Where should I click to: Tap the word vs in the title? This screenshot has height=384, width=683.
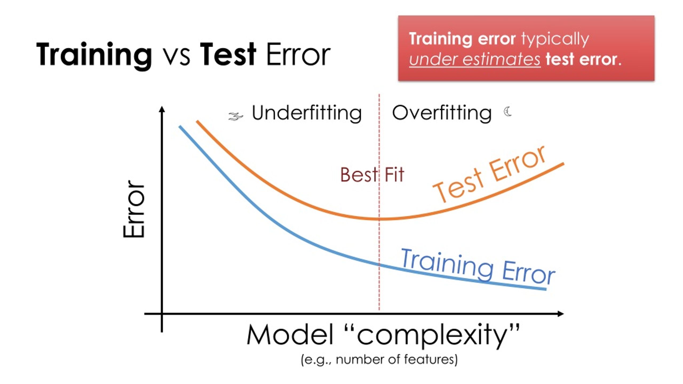(x=176, y=57)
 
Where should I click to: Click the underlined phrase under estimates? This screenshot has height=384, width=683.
(x=474, y=59)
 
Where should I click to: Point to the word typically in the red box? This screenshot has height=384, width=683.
(x=555, y=39)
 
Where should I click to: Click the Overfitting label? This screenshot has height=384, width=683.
(x=442, y=113)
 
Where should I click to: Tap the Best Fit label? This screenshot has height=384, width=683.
(x=372, y=175)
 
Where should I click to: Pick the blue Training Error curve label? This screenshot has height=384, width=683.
(x=478, y=267)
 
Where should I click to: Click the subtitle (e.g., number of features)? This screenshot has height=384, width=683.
(x=379, y=359)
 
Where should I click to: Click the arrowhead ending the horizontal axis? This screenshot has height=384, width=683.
(x=561, y=314)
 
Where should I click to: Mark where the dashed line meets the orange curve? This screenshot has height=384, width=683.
(x=379, y=219)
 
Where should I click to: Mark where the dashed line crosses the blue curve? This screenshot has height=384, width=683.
(x=379, y=265)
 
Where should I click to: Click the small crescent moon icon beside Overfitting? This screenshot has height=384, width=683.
(x=508, y=111)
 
